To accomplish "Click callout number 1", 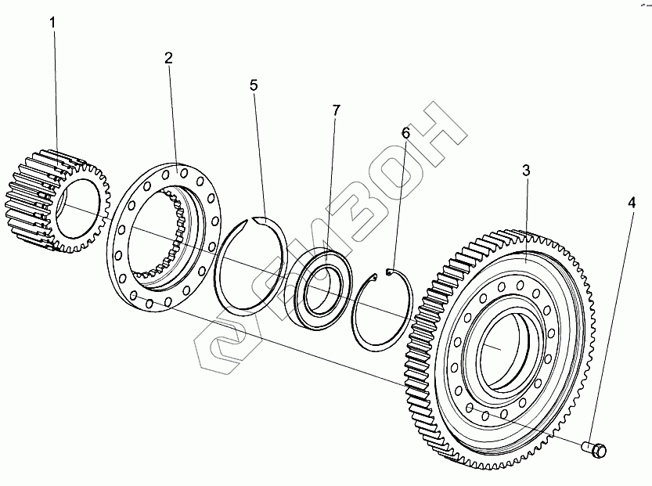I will [x=53, y=23].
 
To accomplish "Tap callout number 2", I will [x=169, y=58].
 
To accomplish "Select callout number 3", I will [x=526, y=171].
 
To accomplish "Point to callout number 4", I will [x=631, y=203].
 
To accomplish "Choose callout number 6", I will [x=405, y=133].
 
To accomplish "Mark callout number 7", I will [x=336, y=110].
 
